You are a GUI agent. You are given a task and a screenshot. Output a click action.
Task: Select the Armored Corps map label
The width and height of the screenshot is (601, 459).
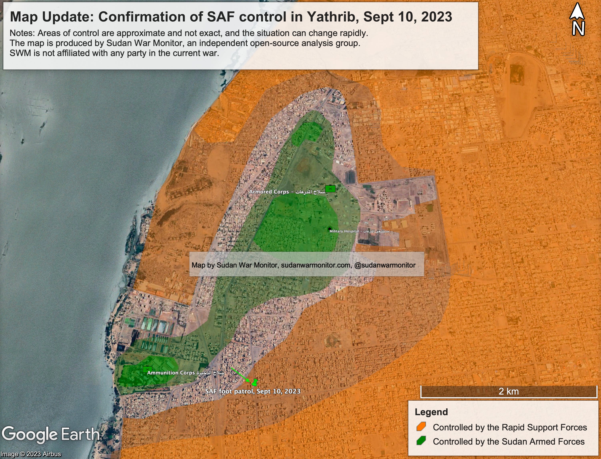click(x=287, y=192)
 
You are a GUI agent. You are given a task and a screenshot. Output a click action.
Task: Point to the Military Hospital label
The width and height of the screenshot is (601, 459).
click(x=359, y=231)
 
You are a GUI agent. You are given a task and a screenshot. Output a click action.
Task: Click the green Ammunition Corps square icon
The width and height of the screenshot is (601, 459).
click(x=147, y=369)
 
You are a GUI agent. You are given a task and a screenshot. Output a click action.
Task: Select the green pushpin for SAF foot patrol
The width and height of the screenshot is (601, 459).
click(x=255, y=382)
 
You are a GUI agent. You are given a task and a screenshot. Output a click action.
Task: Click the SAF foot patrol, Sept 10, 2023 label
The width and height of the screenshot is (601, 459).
click(x=253, y=391)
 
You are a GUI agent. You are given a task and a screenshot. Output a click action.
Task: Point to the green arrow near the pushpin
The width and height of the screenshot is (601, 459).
click(x=240, y=375)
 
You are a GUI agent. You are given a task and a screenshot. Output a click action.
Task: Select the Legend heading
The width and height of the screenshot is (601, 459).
click(x=431, y=412)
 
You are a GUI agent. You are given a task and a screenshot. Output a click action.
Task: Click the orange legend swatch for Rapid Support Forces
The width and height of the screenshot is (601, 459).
click(x=421, y=427)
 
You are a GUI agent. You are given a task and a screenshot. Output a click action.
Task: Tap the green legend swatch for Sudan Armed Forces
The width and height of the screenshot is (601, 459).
click(x=421, y=441)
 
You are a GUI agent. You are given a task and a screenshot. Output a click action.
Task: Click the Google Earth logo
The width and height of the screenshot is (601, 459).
click(x=51, y=435)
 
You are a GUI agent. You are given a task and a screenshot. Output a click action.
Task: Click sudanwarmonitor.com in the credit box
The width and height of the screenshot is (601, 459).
click(x=316, y=265)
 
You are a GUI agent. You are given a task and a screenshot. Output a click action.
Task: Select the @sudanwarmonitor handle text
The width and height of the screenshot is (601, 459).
click(x=385, y=265)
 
